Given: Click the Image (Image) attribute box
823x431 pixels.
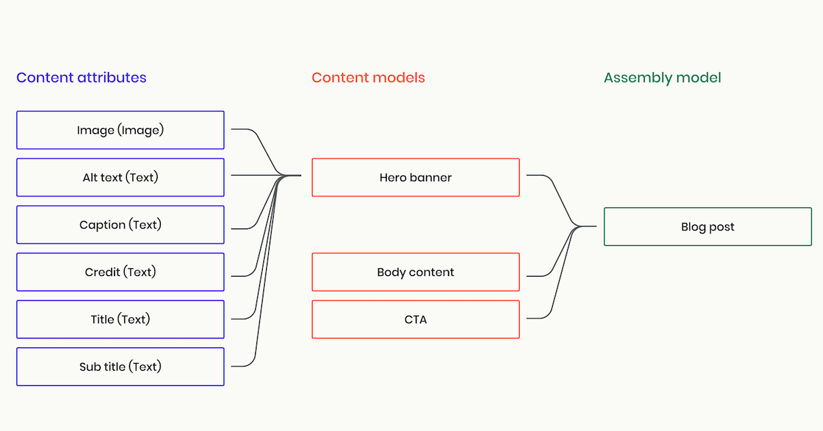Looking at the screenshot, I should (120, 130).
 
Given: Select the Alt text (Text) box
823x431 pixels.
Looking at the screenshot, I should (120, 177).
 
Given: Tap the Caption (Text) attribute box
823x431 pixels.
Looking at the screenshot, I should (120, 224).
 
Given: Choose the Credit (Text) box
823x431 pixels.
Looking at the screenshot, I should (120, 272).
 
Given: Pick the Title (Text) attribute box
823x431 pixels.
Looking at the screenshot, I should (120, 319).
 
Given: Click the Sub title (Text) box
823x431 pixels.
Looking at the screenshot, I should (120, 366).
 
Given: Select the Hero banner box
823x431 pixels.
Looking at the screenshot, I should (416, 177).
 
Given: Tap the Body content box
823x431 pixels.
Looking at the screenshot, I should (416, 272).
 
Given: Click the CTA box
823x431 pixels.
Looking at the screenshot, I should (416, 319).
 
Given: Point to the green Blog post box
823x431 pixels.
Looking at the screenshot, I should (707, 226).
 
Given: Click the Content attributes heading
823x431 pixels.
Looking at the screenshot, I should (82, 78).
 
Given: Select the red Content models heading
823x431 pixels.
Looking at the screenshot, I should (368, 78).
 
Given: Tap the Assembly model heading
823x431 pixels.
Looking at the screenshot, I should (662, 78).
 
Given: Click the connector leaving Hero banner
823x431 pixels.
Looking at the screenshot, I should (538, 176).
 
